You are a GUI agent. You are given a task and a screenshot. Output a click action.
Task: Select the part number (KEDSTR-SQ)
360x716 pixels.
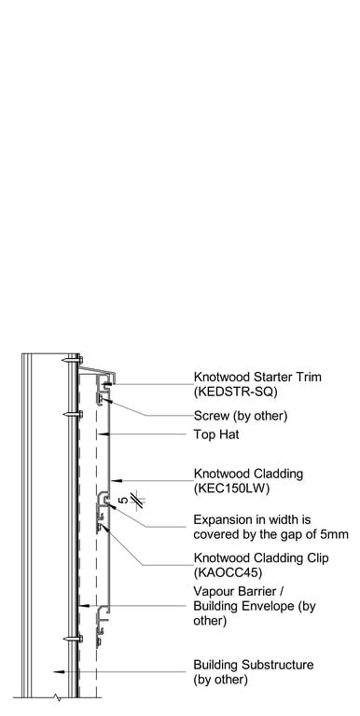pyautogui.click(x=234, y=392)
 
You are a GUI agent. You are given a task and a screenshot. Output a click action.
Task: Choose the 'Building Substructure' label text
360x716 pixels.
pyautogui.click(x=253, y=665)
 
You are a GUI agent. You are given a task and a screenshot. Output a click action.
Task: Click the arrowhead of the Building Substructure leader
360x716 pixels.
pyautogui.click(x=57, y=671)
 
